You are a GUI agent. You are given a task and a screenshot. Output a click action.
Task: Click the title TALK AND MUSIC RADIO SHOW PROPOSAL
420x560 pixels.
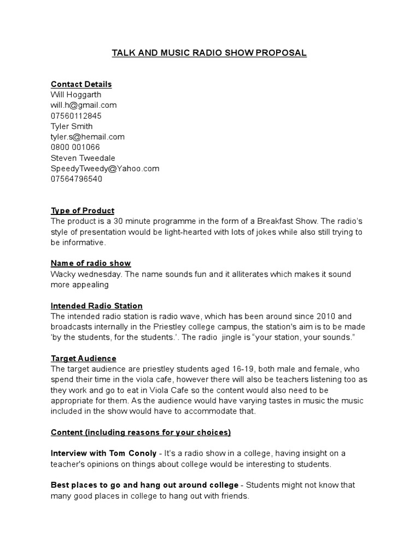pyautogui.click(x=209, y=53)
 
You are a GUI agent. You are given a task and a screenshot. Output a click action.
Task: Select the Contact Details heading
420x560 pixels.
pyautogui.click(x=81, y=84)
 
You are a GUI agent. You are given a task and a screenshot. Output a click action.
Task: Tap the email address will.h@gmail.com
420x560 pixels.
pyautogui.click(x=84, y=105)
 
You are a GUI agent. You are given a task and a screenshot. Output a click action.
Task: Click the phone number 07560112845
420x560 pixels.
pyautogui.click(x=76, y=116)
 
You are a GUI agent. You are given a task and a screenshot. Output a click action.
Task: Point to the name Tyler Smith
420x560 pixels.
pyautogui.click(x=72, y=126)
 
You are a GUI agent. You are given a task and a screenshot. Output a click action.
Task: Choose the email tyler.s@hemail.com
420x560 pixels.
pyautogui.click(x=87, y=137)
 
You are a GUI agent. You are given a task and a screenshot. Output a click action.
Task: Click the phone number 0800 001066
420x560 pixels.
pyautogui.click(x=75, y=147)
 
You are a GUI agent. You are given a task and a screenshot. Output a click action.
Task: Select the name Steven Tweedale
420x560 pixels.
pyautogui.click(x=83, y=158)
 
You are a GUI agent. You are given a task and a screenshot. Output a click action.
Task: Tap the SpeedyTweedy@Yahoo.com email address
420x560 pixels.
pyautogui.click(x=105, y=168)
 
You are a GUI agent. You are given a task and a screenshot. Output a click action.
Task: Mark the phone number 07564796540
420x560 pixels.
pyautogui.click(x=77, y=179)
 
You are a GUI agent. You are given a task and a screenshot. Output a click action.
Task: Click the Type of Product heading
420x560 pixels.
pyautogui.click(x=83, y=211)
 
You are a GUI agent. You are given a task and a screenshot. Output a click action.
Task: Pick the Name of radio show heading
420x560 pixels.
pyautogui.click(x=91, y=264)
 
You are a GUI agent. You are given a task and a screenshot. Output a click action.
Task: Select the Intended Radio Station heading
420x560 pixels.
pyautogui.click(x=97, y=306)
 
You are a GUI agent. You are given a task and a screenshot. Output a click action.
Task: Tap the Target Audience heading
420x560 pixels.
pyautogui.click(x=83, y=358)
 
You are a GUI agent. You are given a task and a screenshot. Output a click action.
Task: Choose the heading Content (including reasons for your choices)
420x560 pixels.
pyautogui.click(x=141, y=433)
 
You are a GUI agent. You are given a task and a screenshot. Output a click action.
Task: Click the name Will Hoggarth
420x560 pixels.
pyautogui.click(x=76, y=95)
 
